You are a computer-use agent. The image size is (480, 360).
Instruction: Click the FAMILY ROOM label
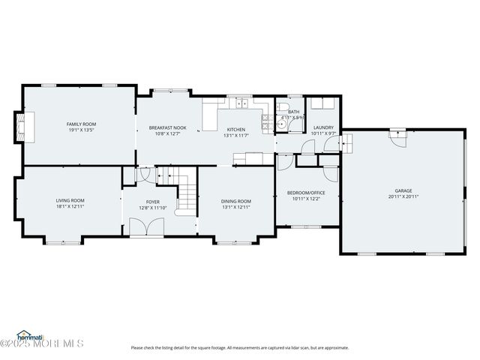pyautogui.click(x=81, y=124)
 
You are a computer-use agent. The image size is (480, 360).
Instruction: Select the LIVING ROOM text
pyautogui.click(x=70, y=200)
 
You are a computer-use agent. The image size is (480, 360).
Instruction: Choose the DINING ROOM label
pyautogui.click(x=235, y=201)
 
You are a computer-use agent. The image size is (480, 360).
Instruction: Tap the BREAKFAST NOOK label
pyautogui.click(x=167, y=127)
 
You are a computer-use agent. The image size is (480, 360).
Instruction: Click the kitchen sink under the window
pyautogui.click(x=240, y=103)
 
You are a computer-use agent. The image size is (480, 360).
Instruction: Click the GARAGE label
pyautogui.click(x=403, y=190)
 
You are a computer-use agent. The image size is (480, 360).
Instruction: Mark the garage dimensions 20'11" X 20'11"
pyautogui.click(x=403, y=196)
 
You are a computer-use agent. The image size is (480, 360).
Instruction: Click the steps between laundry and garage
pyautogui.click(x=347, y=143)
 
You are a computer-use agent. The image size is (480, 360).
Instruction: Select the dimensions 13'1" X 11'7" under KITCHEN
pyautogui.click(x=235, y=136)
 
